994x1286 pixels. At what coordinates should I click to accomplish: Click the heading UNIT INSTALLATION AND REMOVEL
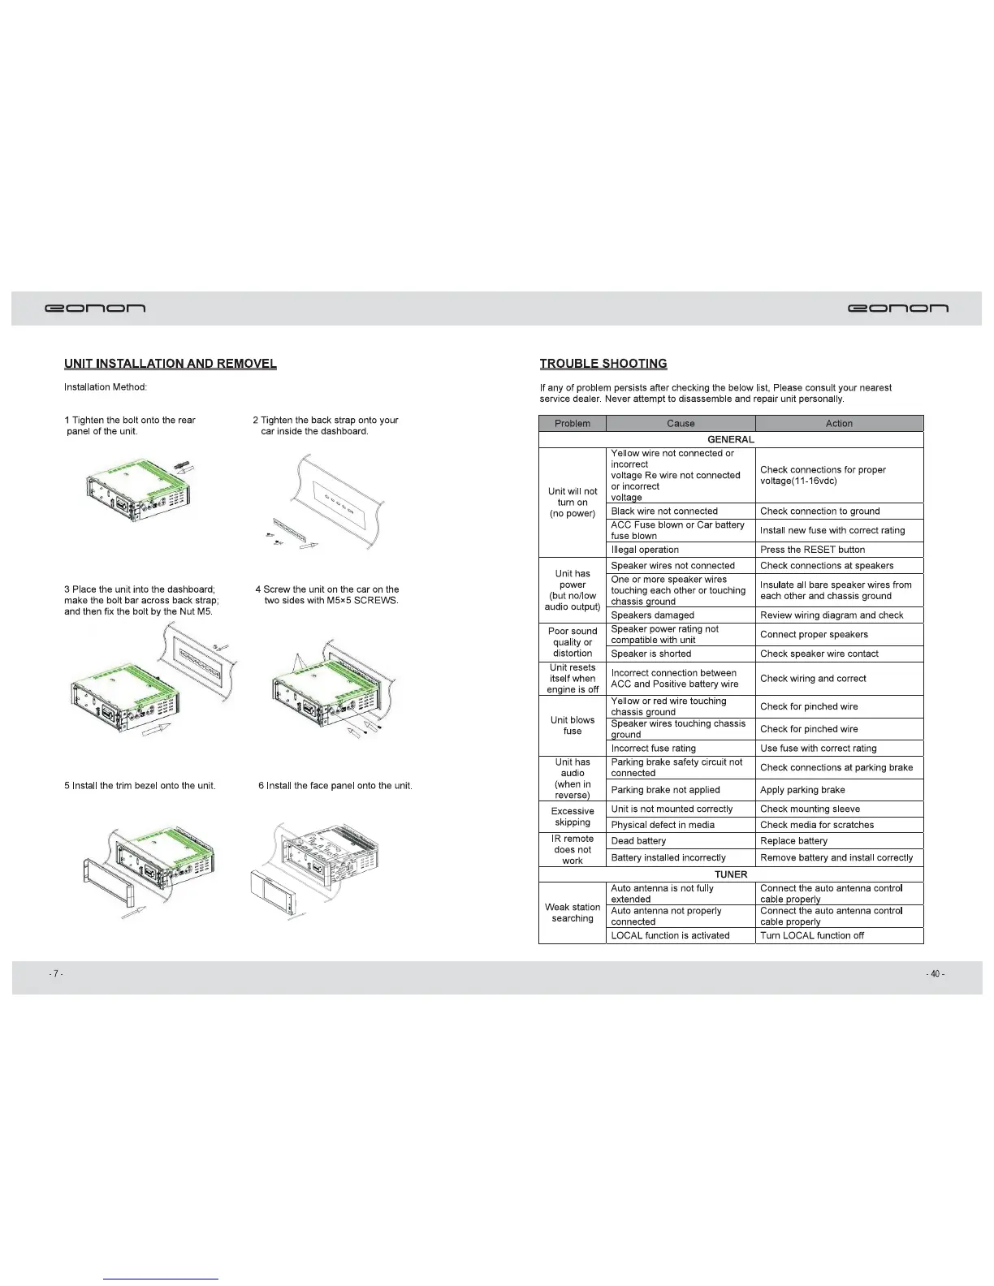coord(171,364)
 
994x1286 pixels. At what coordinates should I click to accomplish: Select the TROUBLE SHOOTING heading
coord(603,364)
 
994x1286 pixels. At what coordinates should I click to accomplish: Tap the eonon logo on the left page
coord(96,309)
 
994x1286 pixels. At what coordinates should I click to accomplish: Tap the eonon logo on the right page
coord(897,309)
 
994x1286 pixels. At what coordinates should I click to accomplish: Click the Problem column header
coord(573,423)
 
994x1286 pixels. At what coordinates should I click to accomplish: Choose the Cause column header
coord(681,423)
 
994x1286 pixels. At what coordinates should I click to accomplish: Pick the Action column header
coord(839,423)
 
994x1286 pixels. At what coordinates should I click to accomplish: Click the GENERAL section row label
coord(731,439)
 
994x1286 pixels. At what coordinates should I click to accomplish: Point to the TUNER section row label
coord(731,874)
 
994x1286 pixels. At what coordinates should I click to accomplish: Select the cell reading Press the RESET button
coord(813,550)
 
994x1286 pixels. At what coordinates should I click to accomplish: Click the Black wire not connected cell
coord(664,511)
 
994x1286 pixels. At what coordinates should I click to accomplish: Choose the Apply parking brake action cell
coord(802,790)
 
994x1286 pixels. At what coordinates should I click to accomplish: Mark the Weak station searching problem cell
coord(573,913)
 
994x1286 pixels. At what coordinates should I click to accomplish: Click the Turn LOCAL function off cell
coord(812,935)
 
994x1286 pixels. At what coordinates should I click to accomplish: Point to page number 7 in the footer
coord(54,974)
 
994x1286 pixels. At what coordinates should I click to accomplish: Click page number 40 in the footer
coord(935,974)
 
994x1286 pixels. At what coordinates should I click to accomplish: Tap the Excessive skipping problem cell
coord(573,817)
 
